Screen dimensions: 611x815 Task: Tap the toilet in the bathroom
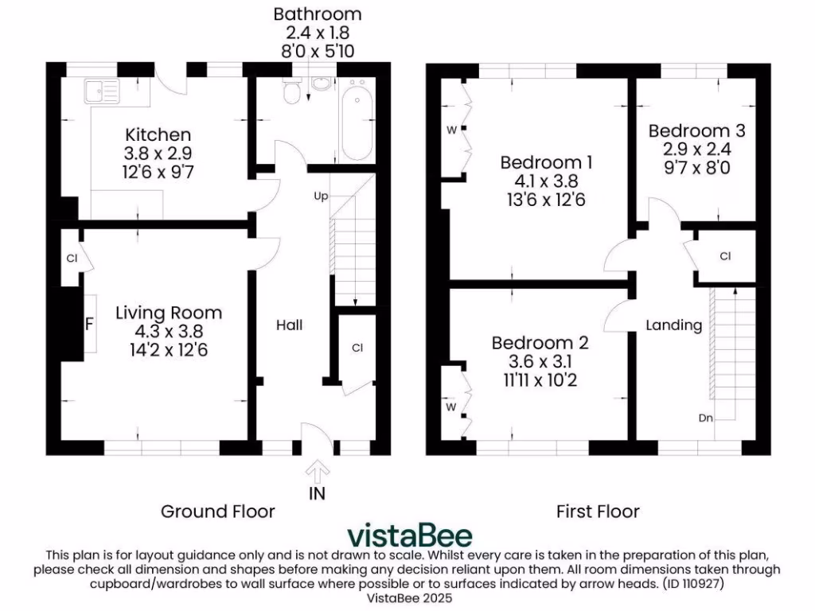[x=292, y=94]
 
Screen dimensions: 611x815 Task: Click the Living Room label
[x=168, y=313]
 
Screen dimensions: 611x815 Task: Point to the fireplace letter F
[x=89, y=325]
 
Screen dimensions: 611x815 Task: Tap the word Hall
[x=290, y=325]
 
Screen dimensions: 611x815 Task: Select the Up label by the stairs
[x=321, y=196]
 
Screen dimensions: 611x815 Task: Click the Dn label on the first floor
[x=705, y=418]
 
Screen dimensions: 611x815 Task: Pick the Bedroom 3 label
[x=691, y=131]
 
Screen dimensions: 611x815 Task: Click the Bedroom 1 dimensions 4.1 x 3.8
[x=546, y=181]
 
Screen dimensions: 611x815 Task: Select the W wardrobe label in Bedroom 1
[x=450, y=130]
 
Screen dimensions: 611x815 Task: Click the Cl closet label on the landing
[x=725, y=256]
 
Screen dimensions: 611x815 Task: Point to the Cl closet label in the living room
[x=71, y=258]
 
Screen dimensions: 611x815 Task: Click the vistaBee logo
[x=410, y=535]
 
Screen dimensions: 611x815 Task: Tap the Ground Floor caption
[x=217, y=511]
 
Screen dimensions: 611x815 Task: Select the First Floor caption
[x=598, y=511]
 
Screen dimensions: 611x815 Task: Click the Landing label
[x=673, y=325]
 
